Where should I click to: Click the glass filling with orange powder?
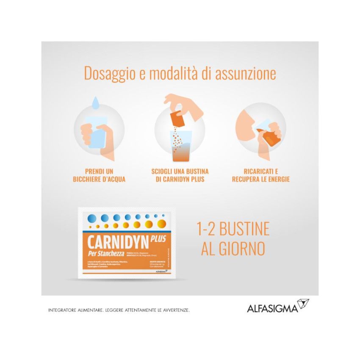coord(180,146)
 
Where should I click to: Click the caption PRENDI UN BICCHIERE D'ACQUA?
coord(99,175)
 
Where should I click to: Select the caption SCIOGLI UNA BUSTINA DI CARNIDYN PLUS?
coord(180,175)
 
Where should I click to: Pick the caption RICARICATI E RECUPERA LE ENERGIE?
coord(261,175)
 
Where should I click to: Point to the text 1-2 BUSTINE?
coord(233,229)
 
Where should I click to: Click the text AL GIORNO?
coord(233,249)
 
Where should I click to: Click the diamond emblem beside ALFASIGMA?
coord(303,304)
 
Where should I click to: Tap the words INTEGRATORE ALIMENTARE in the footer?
coord(75,310)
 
